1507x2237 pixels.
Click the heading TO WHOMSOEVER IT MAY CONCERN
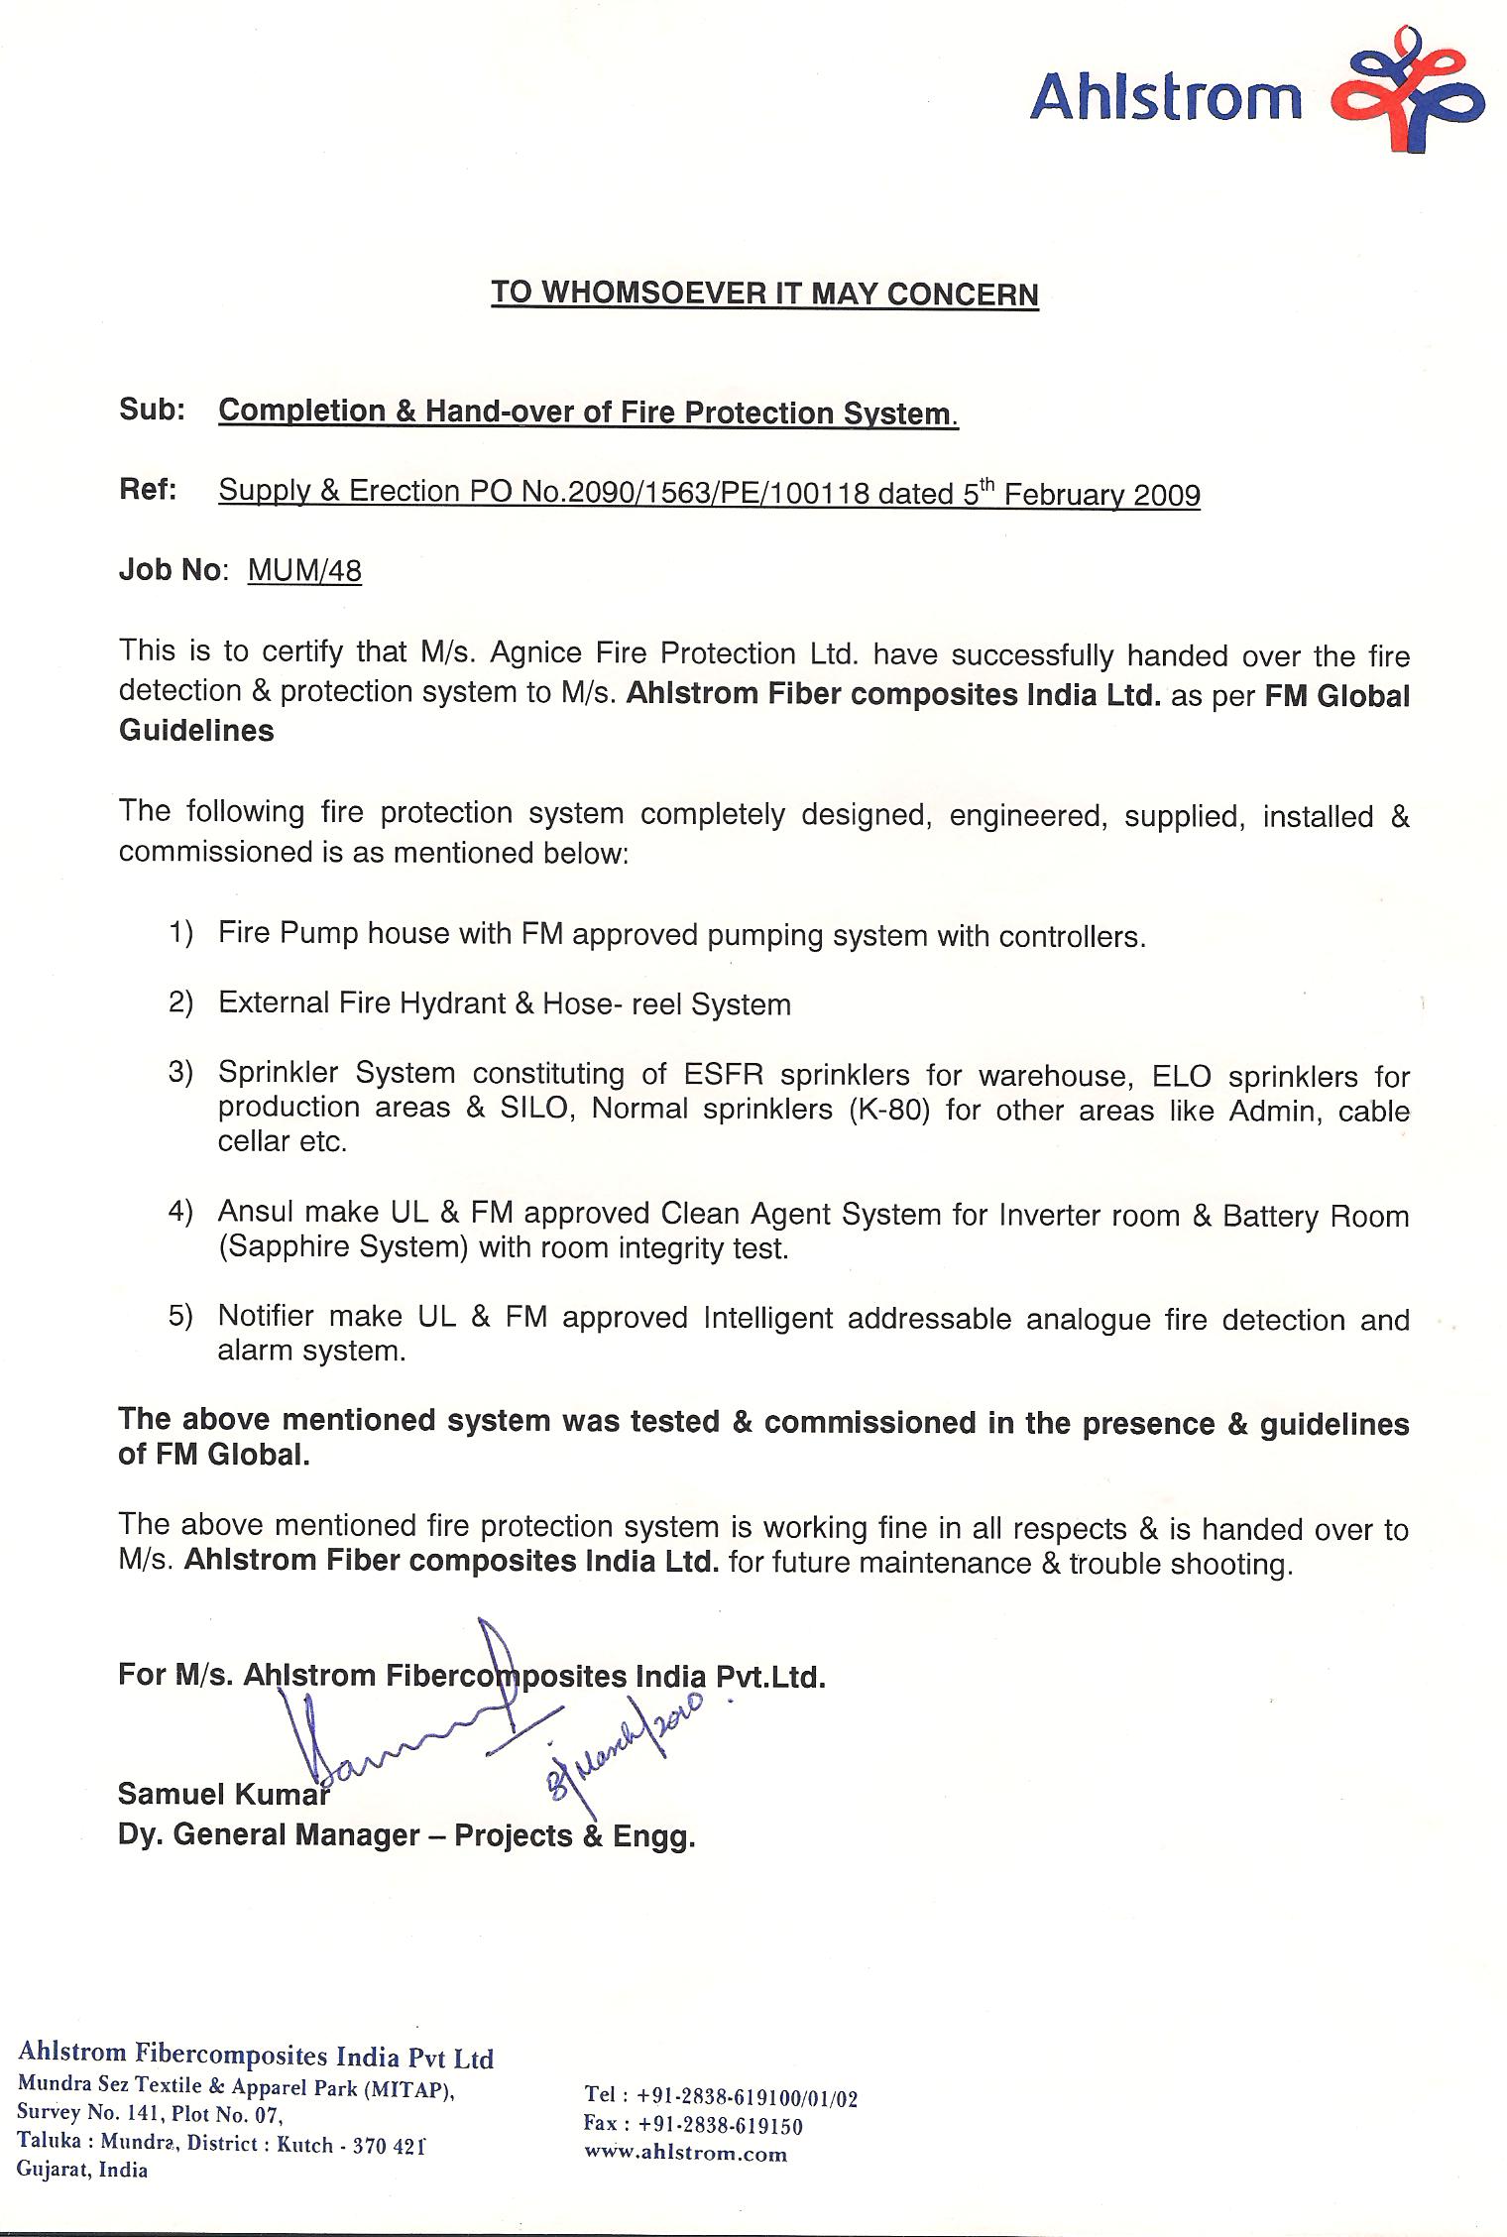764,294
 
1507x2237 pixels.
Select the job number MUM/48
304,572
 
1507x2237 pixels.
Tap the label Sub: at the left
152,411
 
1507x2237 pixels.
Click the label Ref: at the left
148,491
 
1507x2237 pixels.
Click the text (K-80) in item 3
889,1110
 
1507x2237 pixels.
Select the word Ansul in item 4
256,1213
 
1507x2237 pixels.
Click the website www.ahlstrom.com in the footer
685,2153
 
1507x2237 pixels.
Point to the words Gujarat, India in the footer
82,2170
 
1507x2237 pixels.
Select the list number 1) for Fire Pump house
179,933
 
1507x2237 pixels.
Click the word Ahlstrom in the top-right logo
1166,98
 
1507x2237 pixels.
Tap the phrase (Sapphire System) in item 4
343,1247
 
